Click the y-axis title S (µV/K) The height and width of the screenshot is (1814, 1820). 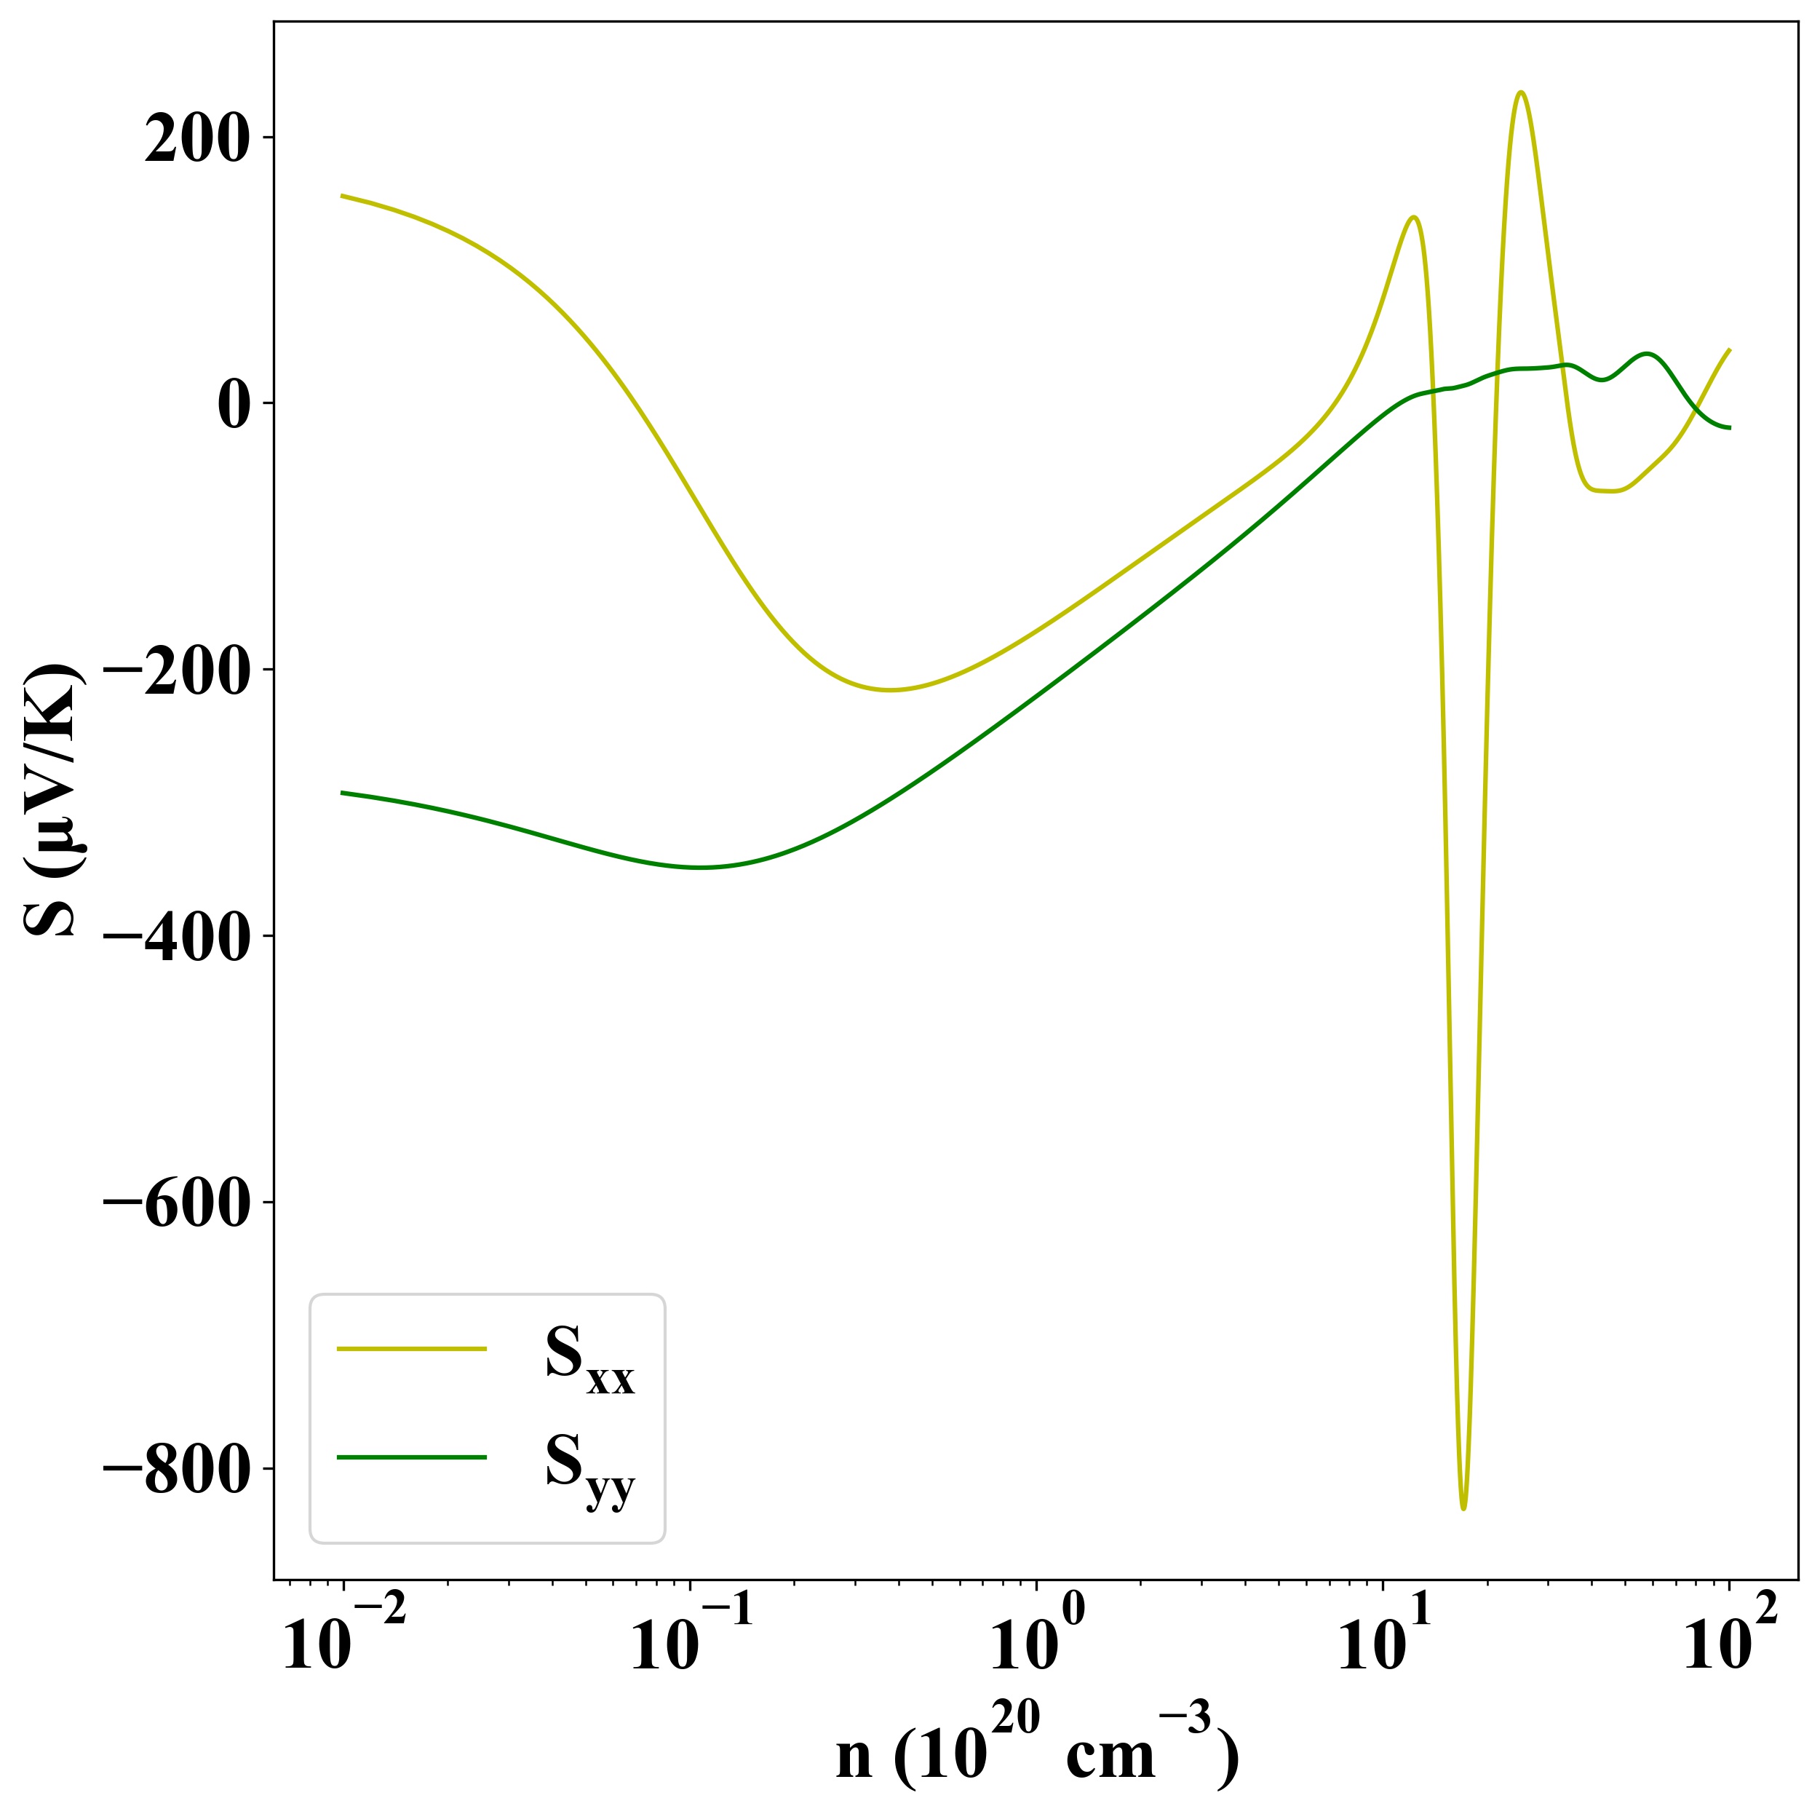52,800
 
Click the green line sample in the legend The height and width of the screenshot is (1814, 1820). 412,1458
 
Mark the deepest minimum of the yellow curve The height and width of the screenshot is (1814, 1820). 1463,1509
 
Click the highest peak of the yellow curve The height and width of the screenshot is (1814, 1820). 1520,92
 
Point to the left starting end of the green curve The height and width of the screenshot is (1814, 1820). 342,793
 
